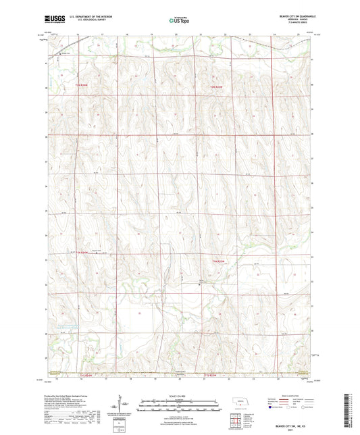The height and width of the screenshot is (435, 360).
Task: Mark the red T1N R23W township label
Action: (x=216, y=261)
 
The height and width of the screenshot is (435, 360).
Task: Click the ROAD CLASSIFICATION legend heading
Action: (x=295, y=396)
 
